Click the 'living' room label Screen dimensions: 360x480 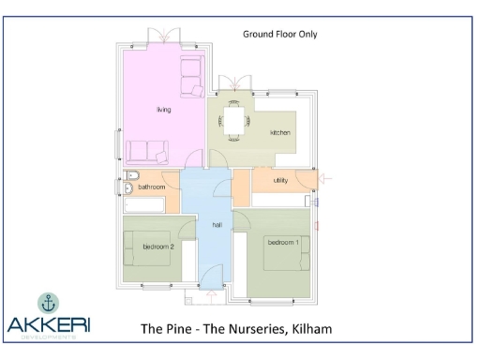pos(164,111)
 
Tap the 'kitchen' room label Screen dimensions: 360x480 pos(280,133)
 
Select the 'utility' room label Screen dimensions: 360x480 pos(280,179)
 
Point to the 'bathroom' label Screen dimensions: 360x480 pos(151,187)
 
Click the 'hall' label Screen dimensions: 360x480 pos(217,225)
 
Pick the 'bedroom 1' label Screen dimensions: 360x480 pos(283,243)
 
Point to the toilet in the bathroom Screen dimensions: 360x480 pos(132,176)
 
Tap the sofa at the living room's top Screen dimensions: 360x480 pos(192,75)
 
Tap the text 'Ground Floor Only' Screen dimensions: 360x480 pos(280,34)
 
